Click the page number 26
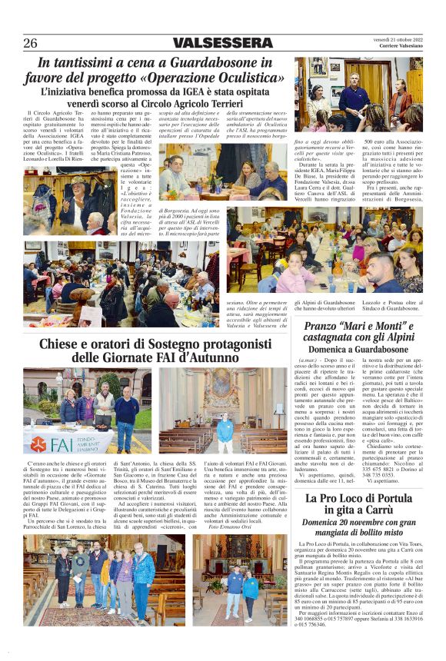(x=30, y=43)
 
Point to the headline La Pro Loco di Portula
(x=355, y=499)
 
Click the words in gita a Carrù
(x=355, y=513)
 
